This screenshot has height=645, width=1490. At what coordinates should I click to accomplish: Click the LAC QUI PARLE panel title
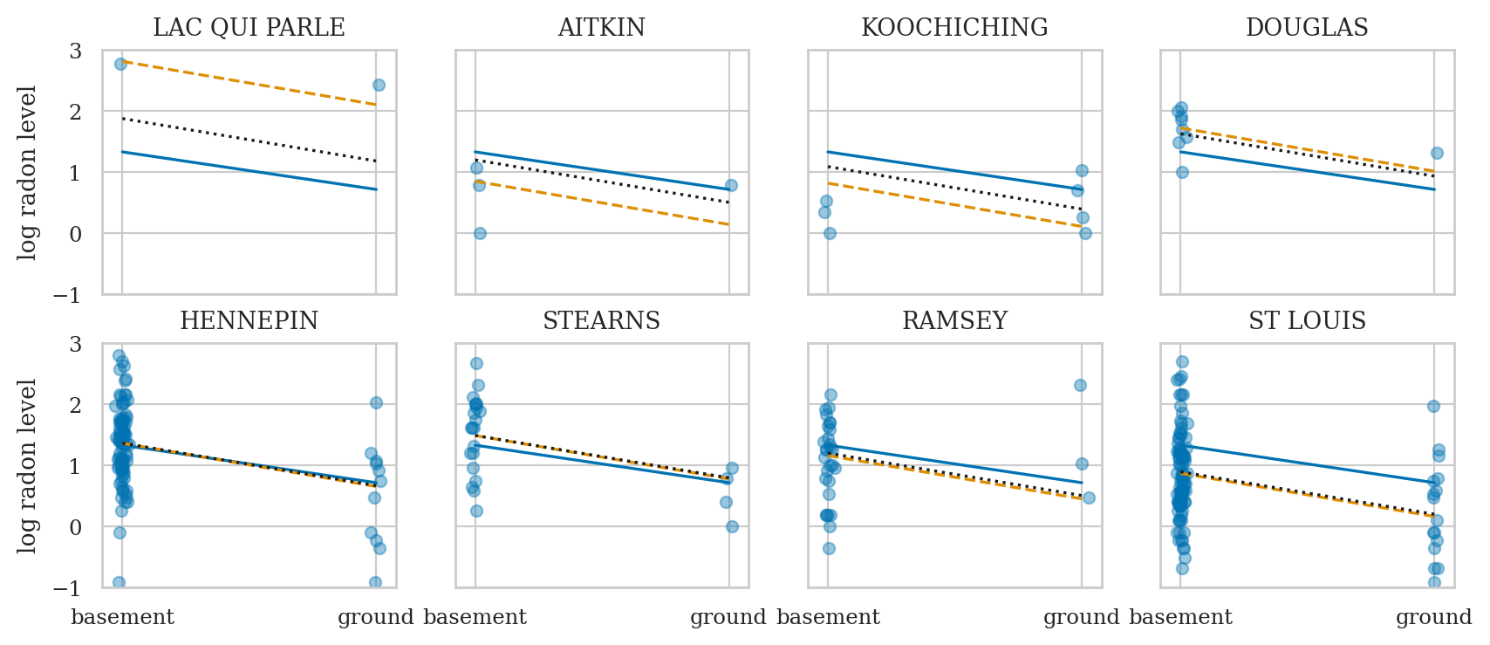coord(249,27)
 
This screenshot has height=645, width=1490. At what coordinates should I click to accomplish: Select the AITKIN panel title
coord(601,27)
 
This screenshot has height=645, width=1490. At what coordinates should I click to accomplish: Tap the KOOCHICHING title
coord(954,27)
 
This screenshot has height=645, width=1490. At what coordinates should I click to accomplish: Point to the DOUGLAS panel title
coord(1307,27)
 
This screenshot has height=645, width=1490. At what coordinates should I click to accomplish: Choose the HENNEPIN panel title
coord(249,321)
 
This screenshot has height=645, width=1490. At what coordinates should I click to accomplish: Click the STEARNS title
coord(601,321)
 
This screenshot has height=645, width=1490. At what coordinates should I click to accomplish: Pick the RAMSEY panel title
coord(954,321)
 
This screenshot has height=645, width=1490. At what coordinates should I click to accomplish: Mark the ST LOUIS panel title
coord(1307,321)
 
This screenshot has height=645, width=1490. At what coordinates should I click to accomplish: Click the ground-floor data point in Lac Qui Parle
coord(379,86)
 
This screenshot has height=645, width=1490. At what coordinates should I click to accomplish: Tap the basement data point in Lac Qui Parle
coord(120,64)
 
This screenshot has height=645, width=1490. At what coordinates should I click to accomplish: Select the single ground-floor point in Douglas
coord(1437,153)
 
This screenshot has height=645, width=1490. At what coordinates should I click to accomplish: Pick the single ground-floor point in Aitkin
coord(731,185)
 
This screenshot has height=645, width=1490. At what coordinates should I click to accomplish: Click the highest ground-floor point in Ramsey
coord(1080,386)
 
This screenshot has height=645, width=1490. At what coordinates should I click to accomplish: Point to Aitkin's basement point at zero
coord(480,234)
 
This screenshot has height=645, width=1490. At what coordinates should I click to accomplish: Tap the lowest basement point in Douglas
coord(1182,173)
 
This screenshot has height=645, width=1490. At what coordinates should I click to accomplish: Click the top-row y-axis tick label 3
coord(75,51)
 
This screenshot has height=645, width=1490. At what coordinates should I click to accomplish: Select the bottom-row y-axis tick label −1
coord(67,589)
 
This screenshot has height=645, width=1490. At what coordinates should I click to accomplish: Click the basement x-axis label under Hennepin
coord(122,617)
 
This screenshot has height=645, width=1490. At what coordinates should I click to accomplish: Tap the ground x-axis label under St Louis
coord(1433,618)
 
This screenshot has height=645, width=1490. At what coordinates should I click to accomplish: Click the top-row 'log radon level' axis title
coord(26,173)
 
